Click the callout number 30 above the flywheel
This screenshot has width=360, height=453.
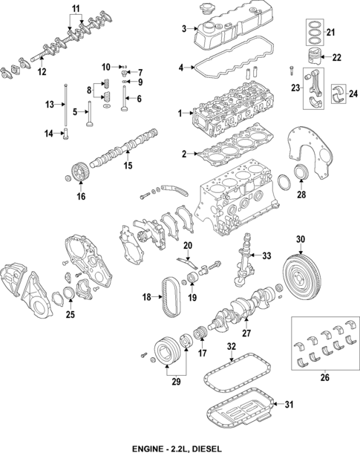tap(301, 239)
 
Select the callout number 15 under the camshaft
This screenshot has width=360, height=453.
tap(127, 165)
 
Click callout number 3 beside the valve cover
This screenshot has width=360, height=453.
tap(183, 29)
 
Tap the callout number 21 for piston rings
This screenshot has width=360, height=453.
tap(331, 32)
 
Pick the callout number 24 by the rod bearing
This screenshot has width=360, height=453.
tap(353, 93)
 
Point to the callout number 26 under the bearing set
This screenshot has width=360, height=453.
tap(324, 378)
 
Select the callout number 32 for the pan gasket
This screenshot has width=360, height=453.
tap(231, 346)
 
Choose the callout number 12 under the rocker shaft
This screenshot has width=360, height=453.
tap(42, 71)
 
